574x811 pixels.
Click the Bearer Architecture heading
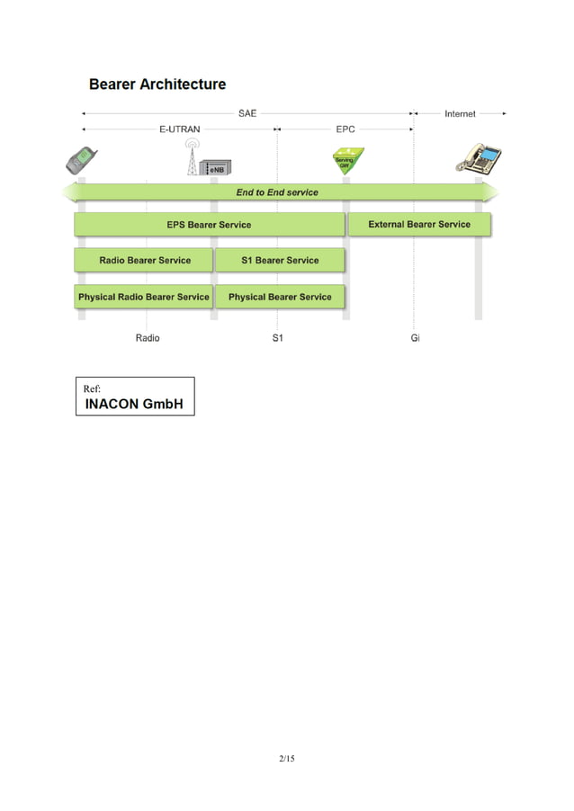(x=157, y=85)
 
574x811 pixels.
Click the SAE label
(x=247, y=114)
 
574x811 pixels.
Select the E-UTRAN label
(x=180, y=129)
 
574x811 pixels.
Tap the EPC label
(x=345, y=129)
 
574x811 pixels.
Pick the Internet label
(x=460, y=114)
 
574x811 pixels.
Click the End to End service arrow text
(x=277, y=192)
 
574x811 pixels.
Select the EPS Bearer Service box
(x=209, y=225)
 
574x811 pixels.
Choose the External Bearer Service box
(x=419, y=225)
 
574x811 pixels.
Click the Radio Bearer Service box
(x=145, y=261)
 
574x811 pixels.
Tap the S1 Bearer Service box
(x=280, y=261)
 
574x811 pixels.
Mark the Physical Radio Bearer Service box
(x=144, y=297)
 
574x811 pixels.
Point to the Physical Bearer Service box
(x=280, y=297)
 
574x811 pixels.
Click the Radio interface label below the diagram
(x=148, y=339)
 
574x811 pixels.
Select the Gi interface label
(x=415, y=339)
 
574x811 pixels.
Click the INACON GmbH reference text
(x=134, y=404)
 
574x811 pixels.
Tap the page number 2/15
(x=287, y=760)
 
